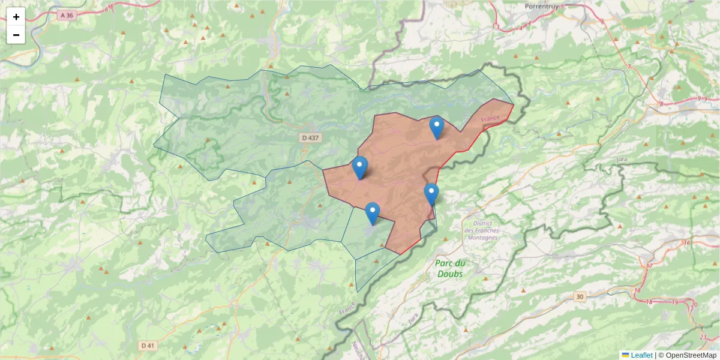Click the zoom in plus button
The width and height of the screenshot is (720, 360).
click(x=16, y=17)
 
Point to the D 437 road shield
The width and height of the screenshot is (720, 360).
click(x=310, y=138)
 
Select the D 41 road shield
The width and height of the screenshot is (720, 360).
click(x=148, y=346)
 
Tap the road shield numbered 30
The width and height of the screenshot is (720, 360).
click(x=579, y=296)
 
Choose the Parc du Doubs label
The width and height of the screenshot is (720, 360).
click(x=451, y=268)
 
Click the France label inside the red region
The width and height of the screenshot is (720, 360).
click(x=490, y=119)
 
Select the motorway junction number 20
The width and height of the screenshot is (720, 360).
click(x=694, y=305)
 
